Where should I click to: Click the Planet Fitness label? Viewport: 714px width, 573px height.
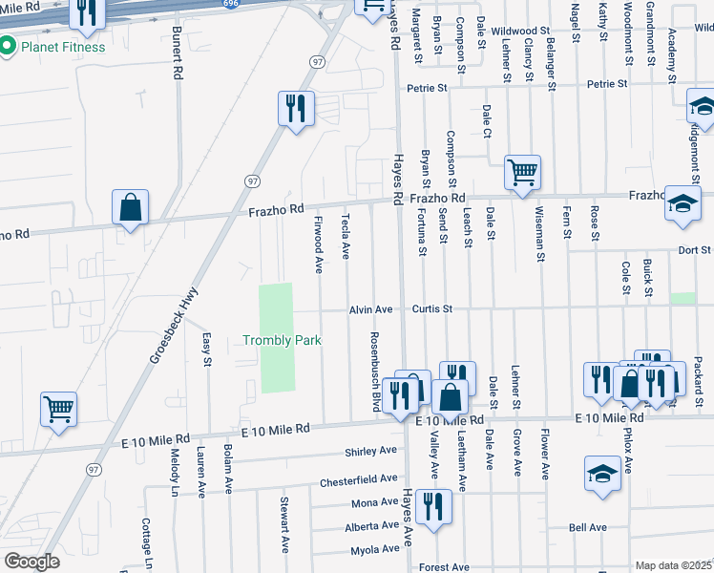coord(56,45)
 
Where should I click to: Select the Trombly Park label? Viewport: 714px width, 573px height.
coord(282,340)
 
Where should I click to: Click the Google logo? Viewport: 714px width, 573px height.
coord(31,562)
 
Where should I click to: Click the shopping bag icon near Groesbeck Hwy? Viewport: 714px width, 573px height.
coord(130,208)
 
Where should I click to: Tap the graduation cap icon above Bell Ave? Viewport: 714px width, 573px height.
coord(602,474)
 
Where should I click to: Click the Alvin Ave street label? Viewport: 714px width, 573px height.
coord(371,309)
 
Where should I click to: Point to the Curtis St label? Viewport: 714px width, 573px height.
coord(432,309)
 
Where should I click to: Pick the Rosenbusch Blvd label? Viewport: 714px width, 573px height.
coord(375,373)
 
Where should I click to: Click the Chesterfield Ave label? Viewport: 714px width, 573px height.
coord(358,480)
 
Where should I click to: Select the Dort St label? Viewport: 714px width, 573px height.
coord(694,250)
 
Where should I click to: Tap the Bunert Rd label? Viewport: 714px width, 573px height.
coord(178,59)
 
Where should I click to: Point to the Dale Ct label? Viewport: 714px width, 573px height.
coord(487,120)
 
